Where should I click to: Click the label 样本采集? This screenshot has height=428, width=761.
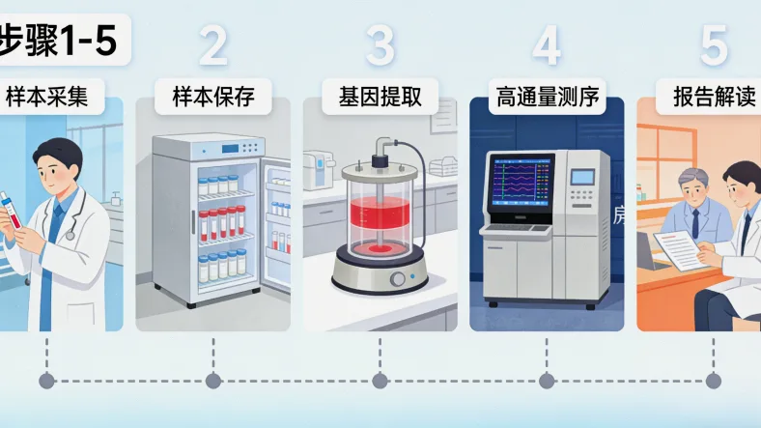tap(47, 97)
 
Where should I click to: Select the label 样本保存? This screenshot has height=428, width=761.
tap(213, 97)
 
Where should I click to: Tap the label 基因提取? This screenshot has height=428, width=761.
tap(380, 97)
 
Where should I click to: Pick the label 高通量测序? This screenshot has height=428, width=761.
tap(547, 97)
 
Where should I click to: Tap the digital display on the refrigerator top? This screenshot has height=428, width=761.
tap(230, 149)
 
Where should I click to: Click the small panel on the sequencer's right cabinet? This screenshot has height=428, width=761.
tap(582, 177)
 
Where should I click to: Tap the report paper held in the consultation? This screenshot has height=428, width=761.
tap(680, 251)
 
